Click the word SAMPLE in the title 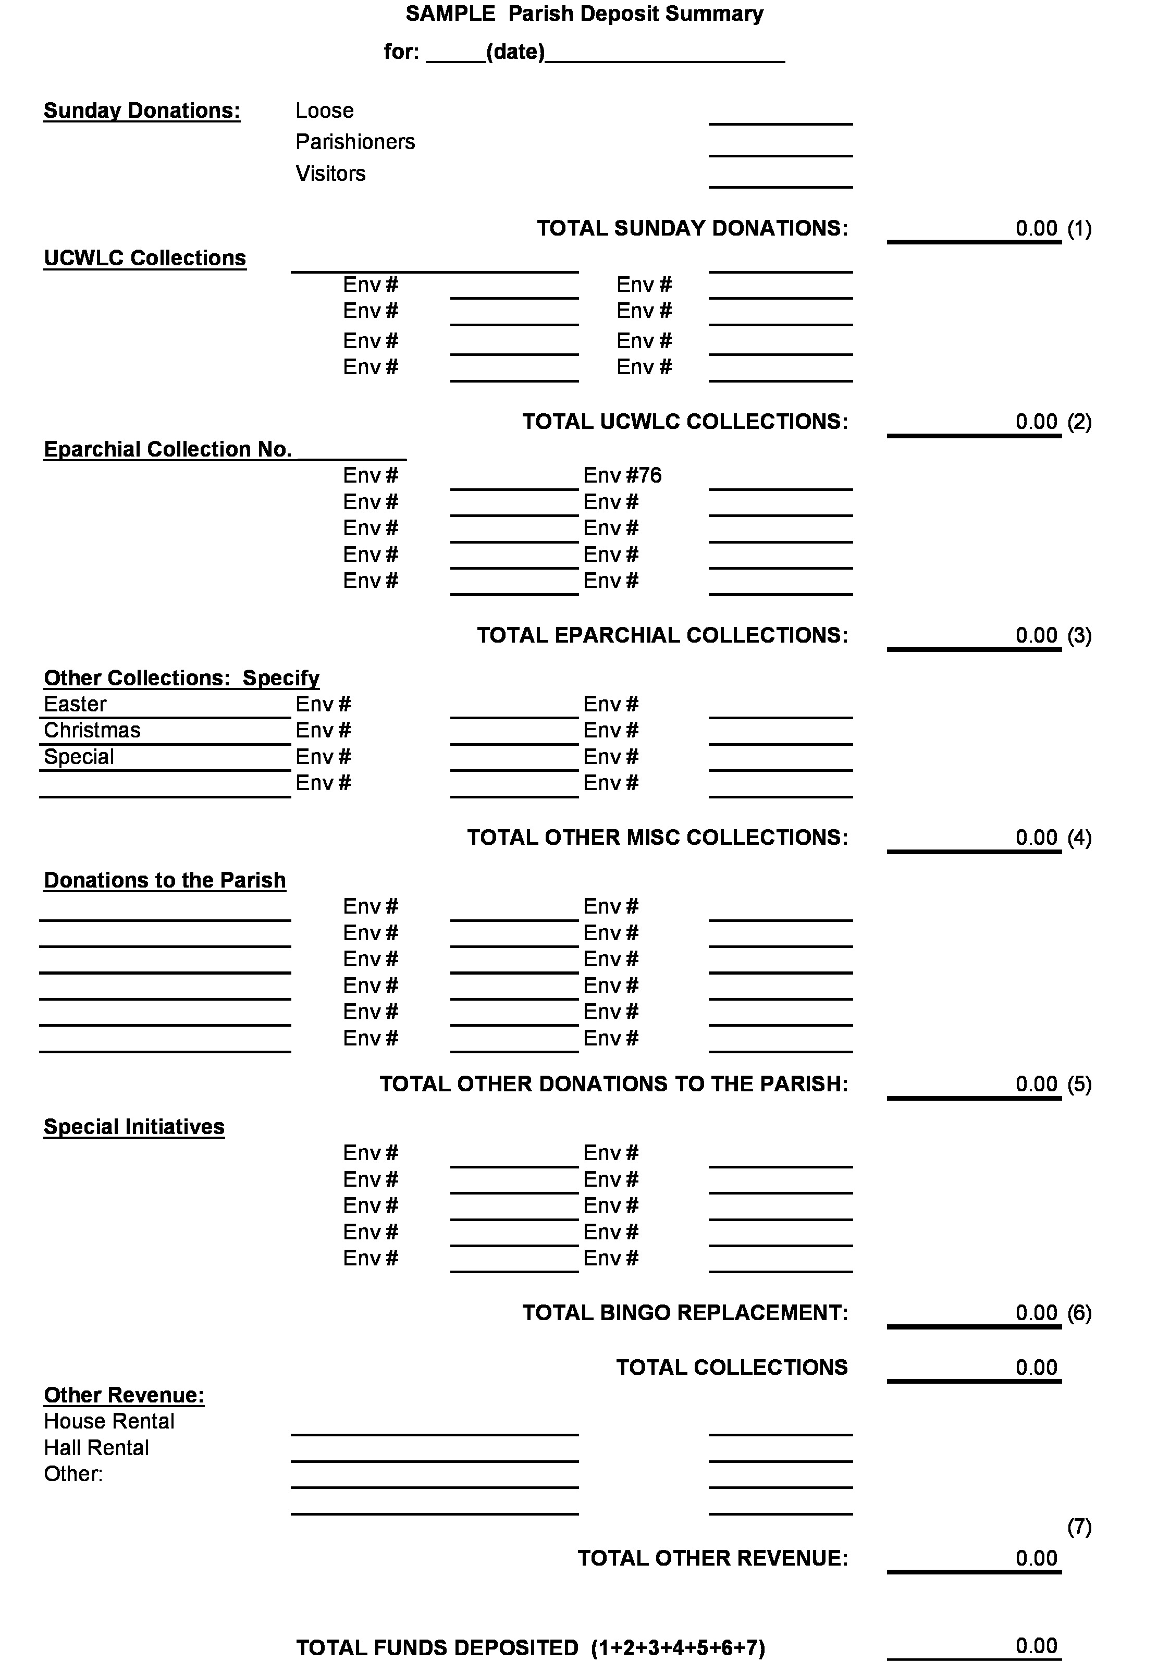tap(450, 14)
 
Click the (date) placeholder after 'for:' tap(515, 52)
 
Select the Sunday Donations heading tap(142, 111)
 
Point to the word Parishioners tap(355, 142)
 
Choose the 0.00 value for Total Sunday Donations tap(1036, 229)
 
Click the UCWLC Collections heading tap(145, 258)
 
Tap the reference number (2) tap(1079, 422)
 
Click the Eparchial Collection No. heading tap(167, 450)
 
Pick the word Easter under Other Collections tap(75, 704)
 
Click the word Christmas tap(92, 730)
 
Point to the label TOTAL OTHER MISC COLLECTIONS tap(657, 838)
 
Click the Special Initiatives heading tap(134, 1127)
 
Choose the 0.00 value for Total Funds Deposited tap(1036, 1645)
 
